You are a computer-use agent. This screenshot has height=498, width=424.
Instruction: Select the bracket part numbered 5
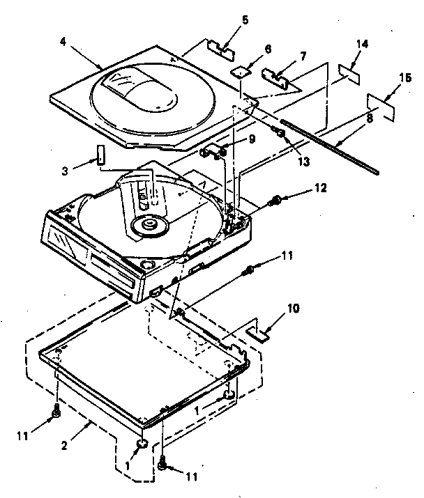pyautogui.click(x=220, y=48)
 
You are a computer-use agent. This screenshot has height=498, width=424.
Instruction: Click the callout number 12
pyautogui.click(x=320, y=187)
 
